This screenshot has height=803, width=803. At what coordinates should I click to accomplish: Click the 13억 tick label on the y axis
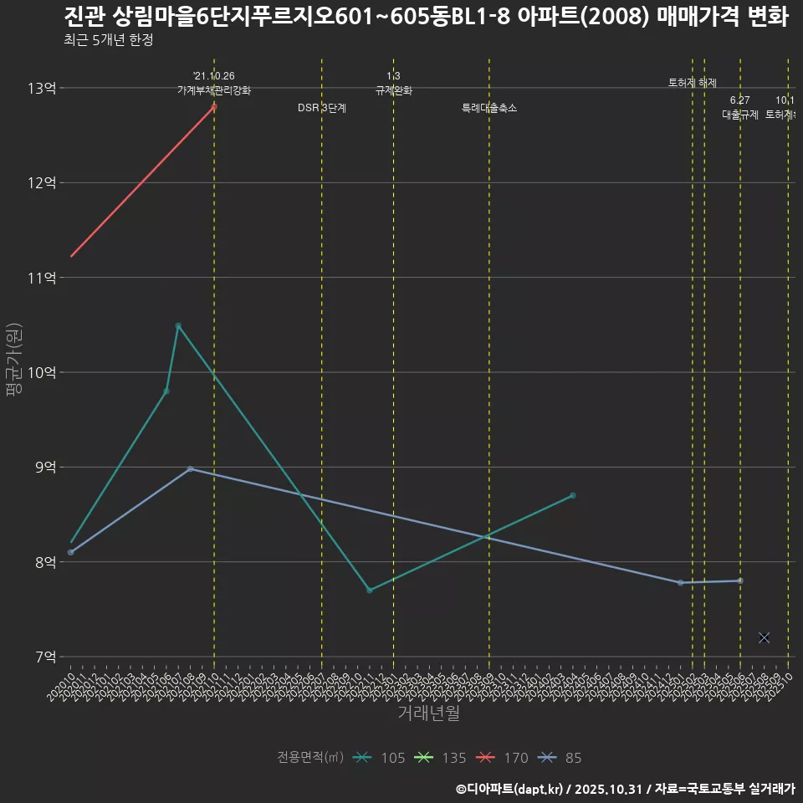[42, 88]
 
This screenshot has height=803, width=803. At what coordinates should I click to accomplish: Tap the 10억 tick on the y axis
[42, 372]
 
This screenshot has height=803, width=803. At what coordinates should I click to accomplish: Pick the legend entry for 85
[561, 758]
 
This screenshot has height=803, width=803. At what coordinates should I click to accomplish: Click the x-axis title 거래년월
[428, 713]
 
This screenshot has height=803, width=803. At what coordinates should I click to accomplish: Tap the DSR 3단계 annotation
[322, 108]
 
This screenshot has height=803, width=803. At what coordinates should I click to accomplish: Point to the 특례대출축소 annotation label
[489, 108]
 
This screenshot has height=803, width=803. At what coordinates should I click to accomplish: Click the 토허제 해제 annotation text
[693, 82]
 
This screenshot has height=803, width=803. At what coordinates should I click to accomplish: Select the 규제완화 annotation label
[393, 90]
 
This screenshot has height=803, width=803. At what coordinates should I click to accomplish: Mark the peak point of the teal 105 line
[178, 325]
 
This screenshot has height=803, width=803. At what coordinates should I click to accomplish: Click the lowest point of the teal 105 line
[369, 590]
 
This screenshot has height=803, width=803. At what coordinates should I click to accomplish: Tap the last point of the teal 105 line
[573, 495]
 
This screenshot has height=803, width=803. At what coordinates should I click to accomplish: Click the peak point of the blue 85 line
[191, 468]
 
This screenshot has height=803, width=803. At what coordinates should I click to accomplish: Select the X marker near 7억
[764, 637]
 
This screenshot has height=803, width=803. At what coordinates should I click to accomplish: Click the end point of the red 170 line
[214, 106]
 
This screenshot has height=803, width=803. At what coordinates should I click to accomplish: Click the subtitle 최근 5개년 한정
[108, 39]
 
